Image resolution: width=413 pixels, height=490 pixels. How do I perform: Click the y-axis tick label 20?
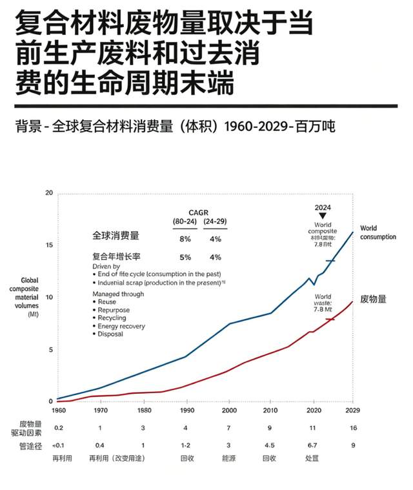(x=50, y=193)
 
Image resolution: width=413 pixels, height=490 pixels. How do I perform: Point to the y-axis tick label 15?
(x=50, y=245)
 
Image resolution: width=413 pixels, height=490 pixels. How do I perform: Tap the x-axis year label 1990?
(x=186, y=410)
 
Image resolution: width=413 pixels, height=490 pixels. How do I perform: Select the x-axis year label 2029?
(x=352, y=410)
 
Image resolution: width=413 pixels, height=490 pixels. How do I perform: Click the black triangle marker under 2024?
(x=323, y=215)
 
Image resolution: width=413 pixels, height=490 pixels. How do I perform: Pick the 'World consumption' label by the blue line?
(x=378, y=232)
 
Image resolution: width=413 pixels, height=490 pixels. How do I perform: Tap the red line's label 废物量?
(x=373, y=299)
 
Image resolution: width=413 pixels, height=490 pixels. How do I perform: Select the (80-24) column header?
(x=185, y=221)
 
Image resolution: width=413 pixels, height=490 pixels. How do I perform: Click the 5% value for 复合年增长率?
(x=185, y=257)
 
